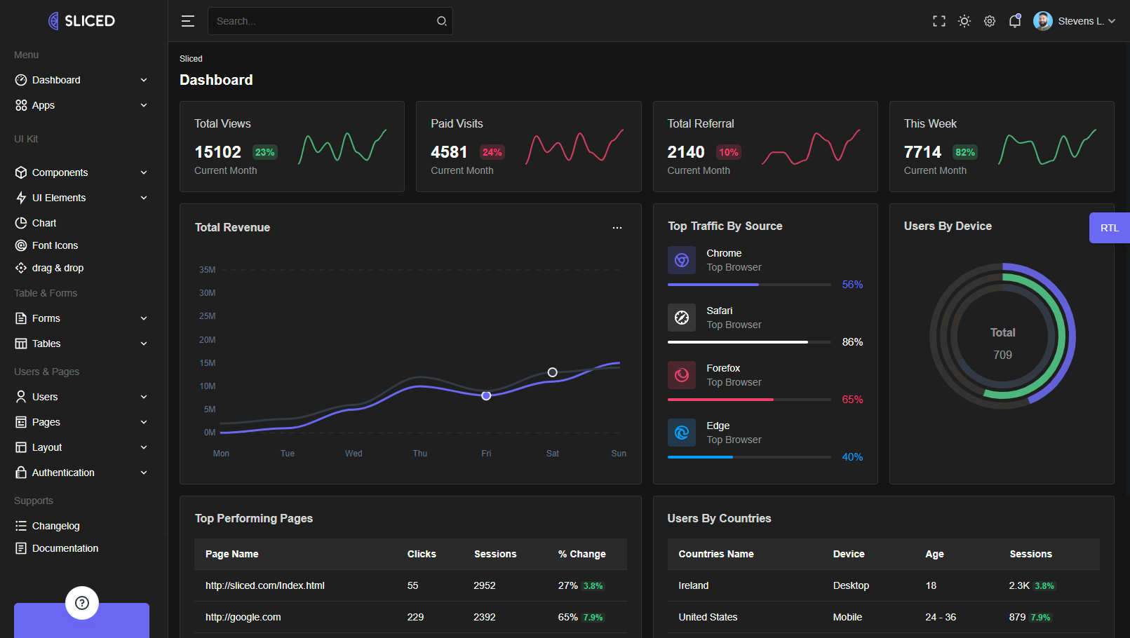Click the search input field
tap(323, 21)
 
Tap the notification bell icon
tap(1014, 21)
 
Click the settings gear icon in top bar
tap(990, 21)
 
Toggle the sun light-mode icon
tap(964, 21)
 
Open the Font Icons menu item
tap(55, 245)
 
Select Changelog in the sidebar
tap(55, 526)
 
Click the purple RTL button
tap(1109, 228)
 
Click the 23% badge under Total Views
tap(264, 152)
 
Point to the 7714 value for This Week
tap(922, 152)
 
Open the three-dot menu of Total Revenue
tap(617, 228)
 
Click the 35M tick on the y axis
tap(207, 270)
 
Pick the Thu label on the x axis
tap(420, 454)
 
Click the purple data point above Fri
tap(486, 396)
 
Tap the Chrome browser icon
tap(682, 260)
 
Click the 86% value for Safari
tap(852, 342)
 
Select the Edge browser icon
tap(682, 433)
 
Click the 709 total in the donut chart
tap(1002, 355)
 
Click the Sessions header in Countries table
tap(1030, 554)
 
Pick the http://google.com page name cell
tap(243, 617)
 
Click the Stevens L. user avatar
tap(1043, 21)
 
